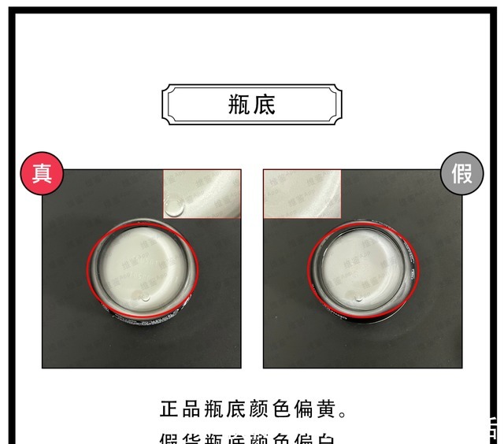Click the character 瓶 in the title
click(x=239, y=104)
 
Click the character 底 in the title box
click(x=265, y=104)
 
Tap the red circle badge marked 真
click(x=42, y=173)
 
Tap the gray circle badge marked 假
click(x=461, y=173)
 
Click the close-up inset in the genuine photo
click(x=202, y=194)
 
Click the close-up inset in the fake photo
click(x=302, y=194)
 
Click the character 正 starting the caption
click(x=170, y=410)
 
